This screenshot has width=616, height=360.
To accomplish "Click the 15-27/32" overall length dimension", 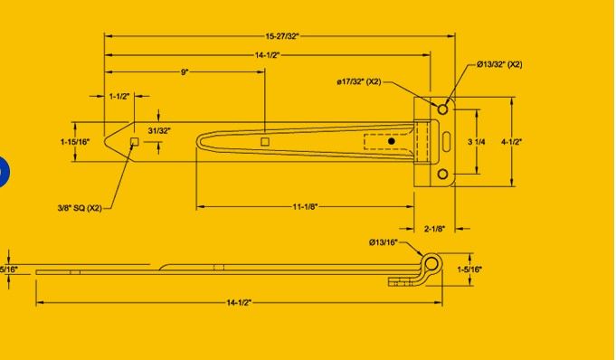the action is tap(282, 36).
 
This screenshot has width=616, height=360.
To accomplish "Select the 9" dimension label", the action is tap(185, 72).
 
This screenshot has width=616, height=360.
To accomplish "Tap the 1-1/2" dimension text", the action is tap(119, 96).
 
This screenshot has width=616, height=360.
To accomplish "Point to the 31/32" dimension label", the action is tap(159, 131).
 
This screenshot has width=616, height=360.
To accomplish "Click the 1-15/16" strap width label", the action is tap(75, 141).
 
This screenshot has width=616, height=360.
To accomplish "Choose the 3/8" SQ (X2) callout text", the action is tap(80, 208).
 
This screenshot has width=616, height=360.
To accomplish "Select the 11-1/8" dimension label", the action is tap(305, 207).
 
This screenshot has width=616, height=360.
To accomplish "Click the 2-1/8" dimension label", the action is tap(434, 229).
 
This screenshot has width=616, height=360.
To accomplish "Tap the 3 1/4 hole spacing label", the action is tap(476, 142).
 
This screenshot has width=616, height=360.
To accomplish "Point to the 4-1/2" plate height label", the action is tap(511, 142).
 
